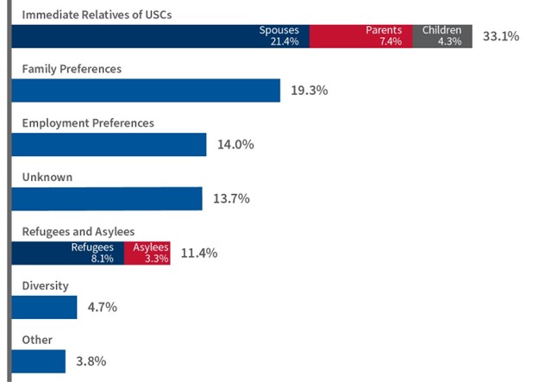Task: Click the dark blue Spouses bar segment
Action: [x=160, y=36]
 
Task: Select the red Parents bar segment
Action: [x=360, y=36]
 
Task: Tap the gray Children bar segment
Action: [x=441, y=36]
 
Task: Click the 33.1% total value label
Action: [x=500, y=37]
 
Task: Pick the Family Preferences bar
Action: [x=147, y=91]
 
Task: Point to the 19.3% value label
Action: [x=309, y=91]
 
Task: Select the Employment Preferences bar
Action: [x=109, y=144]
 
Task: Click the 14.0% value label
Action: [x=235, y=144]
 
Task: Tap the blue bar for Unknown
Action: [x=107, y=198]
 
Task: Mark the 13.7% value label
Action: [x=230, y=198]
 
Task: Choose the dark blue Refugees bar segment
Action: [x=68, y=253]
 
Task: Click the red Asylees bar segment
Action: [x=147, y=253]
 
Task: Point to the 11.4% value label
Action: [x=198, y=253]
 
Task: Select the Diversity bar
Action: [x=45, y=306]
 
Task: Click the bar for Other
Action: [x=40, y=360]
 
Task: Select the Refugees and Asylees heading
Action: [x=78, y=231]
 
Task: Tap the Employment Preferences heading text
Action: [x=87, y=122]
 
